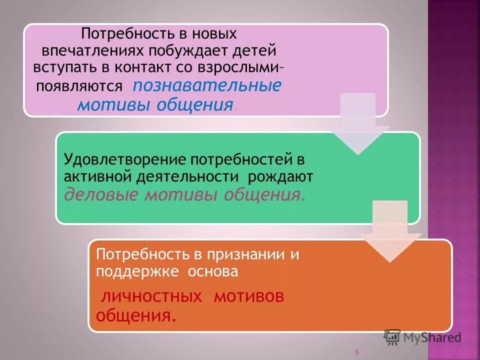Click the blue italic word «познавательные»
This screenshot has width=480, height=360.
206,85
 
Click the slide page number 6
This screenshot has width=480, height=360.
357,352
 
